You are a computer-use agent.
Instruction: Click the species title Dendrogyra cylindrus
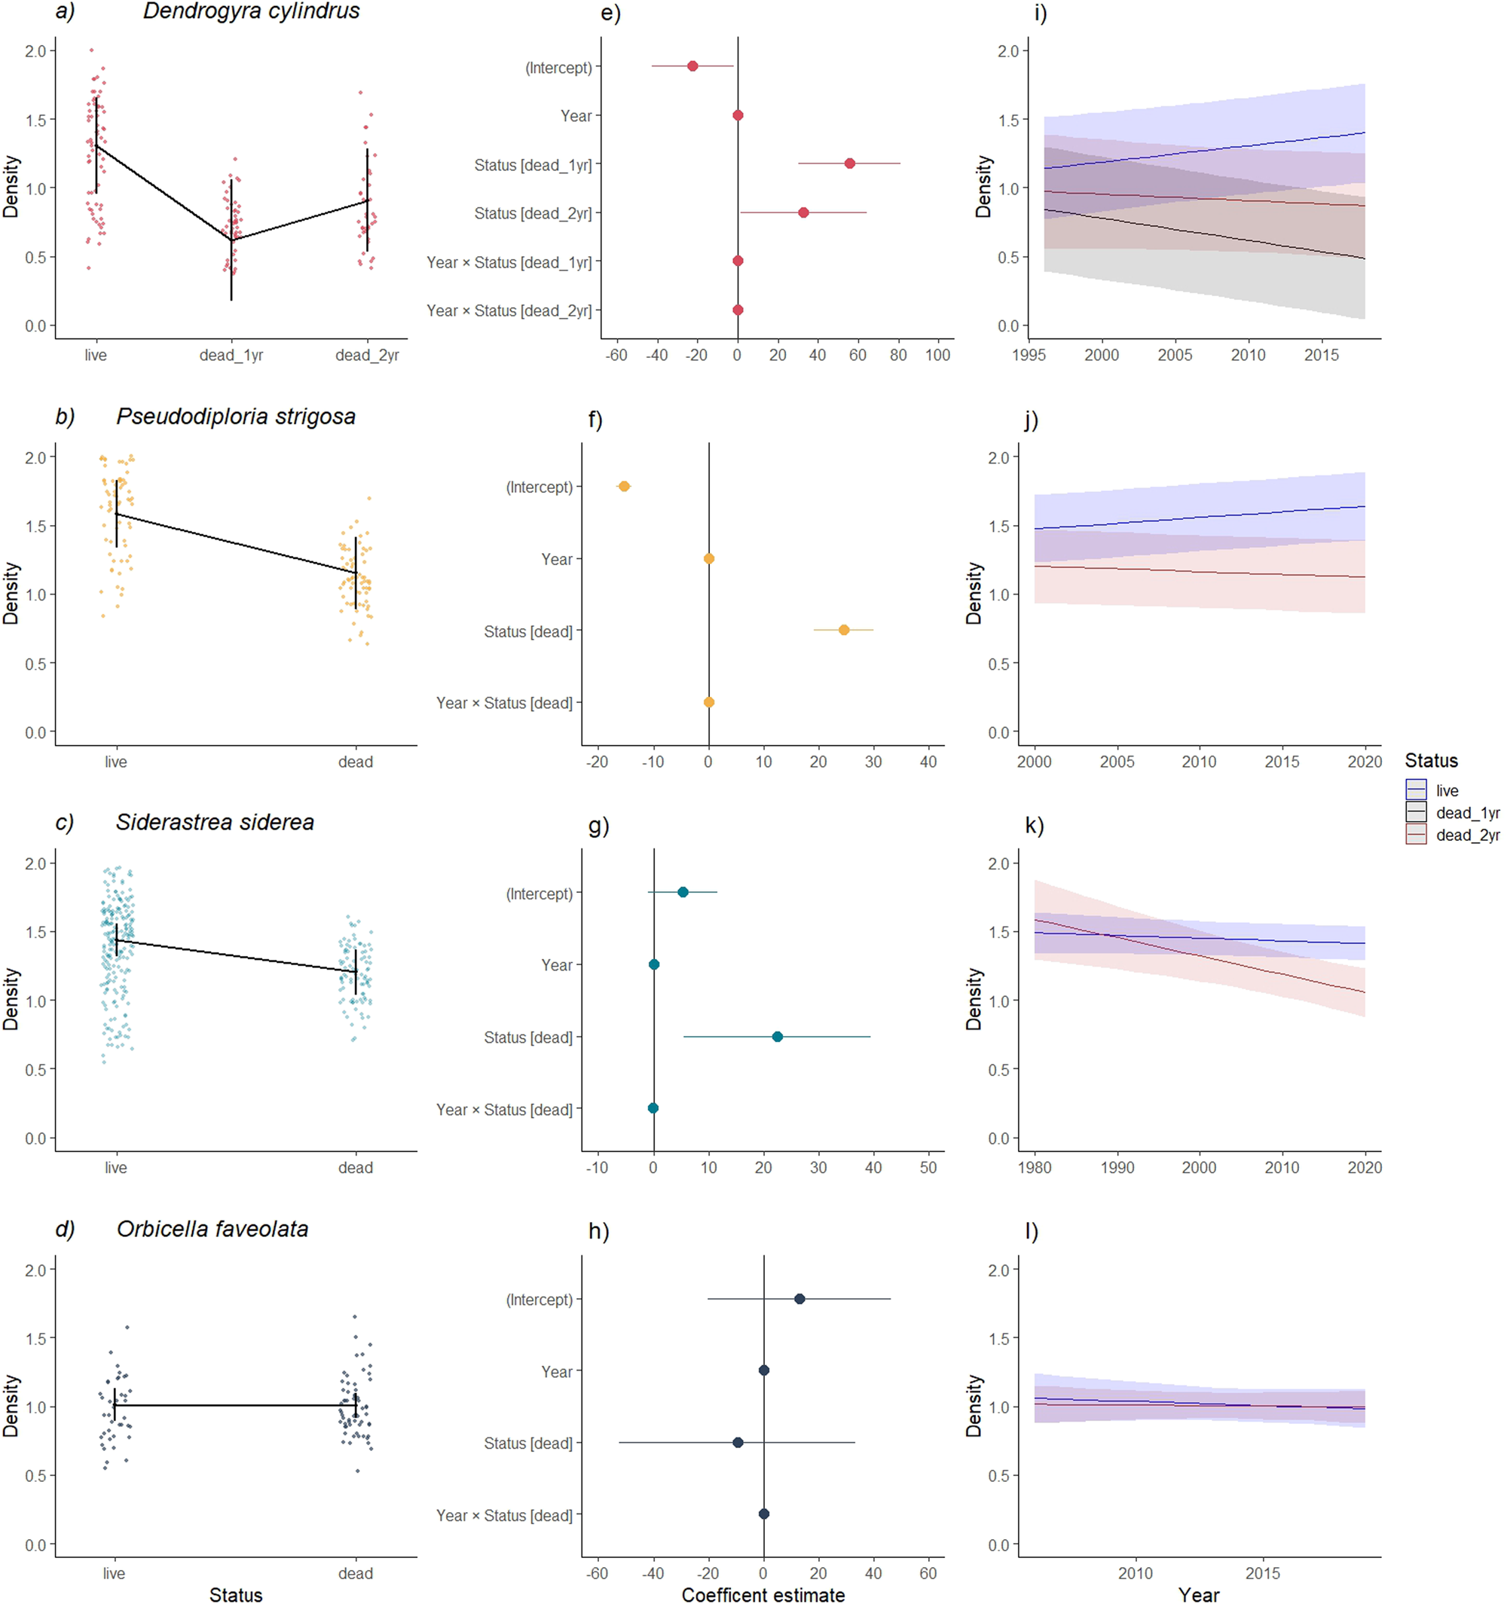(x=251, y=11)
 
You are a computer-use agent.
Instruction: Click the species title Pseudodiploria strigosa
(x=236, y=417)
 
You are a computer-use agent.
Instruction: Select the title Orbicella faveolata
(x=212, y=1229)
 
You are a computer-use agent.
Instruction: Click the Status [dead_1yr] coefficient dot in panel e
(x=849, y=163)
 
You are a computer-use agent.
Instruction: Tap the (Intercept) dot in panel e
(x=692, y=66)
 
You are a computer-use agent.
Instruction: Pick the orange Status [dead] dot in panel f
(x=844, y=630)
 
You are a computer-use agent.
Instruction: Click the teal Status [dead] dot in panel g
(x=777, y=1037)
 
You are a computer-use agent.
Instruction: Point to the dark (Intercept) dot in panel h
(x=799, y=1299)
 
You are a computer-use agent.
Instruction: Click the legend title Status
(x=1431, y=761)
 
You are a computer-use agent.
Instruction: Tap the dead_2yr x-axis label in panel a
(x=367, y=355)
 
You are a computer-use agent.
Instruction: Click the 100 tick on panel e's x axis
(x=937, y=355)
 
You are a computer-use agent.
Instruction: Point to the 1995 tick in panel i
(x=1029, y=355)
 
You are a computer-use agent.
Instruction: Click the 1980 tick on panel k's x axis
(x=1035, y=1168)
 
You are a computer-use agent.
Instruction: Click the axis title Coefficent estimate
(x=763, y=1594)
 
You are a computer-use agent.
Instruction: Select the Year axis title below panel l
(x=1198, y=1594)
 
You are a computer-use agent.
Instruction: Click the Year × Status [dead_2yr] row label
(x=509, y=310)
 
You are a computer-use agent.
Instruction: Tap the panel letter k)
(x=1035, y=826)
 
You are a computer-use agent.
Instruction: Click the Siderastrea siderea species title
(x=215, y=822)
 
